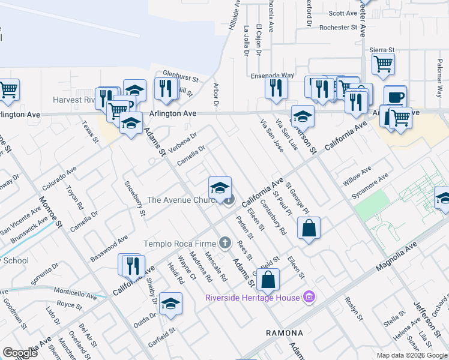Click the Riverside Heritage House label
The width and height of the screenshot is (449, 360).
252,298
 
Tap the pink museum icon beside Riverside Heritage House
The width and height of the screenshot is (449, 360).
309,296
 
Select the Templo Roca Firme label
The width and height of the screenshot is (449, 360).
179,244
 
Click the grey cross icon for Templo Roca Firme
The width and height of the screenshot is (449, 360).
224,242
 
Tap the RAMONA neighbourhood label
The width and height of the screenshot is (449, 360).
284,332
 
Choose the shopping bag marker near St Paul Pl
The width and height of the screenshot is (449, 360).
309,229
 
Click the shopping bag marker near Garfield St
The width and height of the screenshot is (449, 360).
269,280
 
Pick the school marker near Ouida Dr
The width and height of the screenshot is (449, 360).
170,304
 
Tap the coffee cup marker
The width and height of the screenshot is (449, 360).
395,97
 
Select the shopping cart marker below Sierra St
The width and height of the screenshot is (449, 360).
383,64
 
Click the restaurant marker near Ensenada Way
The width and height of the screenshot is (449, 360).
276,88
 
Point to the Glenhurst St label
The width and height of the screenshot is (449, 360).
180,78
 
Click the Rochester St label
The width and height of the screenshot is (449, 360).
338,28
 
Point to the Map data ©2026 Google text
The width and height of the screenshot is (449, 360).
411,355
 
